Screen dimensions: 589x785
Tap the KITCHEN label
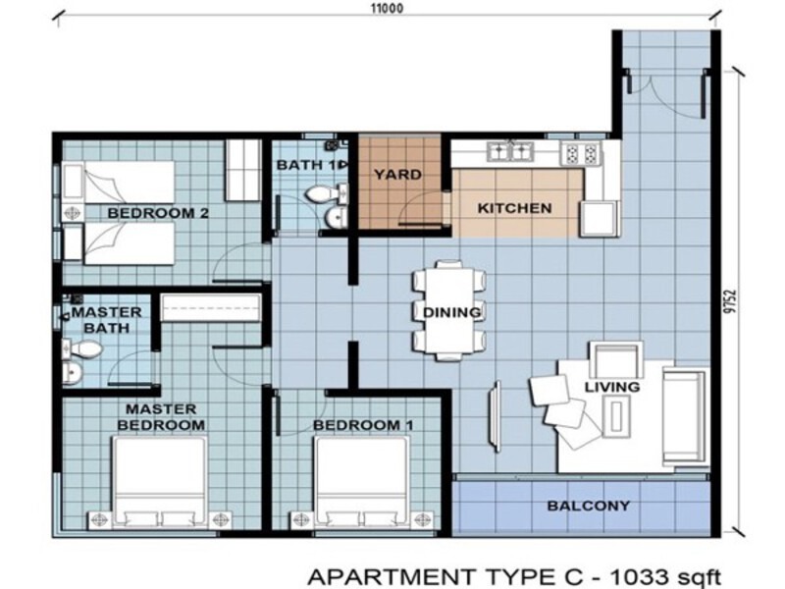tap(514, 208)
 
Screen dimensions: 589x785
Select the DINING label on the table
tap(451, 313)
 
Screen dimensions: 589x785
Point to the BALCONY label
tap(589, 506)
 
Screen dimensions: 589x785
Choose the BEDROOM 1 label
tap(362, 425)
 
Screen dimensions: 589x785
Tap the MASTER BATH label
tap(106, 319)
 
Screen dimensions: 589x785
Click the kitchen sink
tap(510, 151)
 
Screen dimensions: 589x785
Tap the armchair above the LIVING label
tap(616, 357)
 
